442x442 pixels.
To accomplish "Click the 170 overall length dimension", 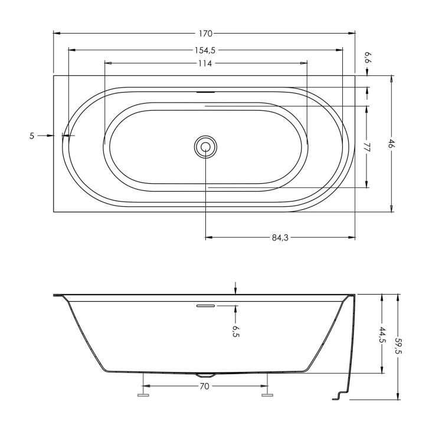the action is tap(205, 34).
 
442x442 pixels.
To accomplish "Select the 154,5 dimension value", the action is tap(205, 50).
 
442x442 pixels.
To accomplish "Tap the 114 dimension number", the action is tap(205, 64).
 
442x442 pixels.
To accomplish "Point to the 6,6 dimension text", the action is tap(368, 58).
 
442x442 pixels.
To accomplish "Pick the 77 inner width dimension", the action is tap(366, 147).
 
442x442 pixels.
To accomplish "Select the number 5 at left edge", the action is tap(32, 136).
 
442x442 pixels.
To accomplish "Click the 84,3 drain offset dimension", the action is tap(280, 238).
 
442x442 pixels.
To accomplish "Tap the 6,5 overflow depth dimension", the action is tap(237, 331).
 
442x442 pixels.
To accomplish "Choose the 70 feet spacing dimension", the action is tap(204, 386).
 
